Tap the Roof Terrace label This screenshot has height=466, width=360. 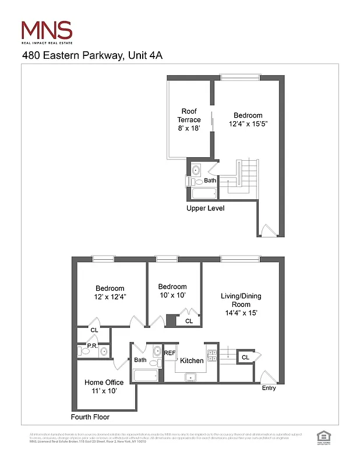[190, 119]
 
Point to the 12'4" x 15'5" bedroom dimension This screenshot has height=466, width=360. [248, 124]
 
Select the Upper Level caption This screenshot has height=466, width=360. [205, 208]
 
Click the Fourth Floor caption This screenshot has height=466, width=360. [90, 417]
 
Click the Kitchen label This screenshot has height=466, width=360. [192, 361]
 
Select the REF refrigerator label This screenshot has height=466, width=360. [170, 353]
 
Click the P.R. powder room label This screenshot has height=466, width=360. [91, 346]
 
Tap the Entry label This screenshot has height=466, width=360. [269, 388]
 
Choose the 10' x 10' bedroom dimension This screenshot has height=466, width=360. [172, 296]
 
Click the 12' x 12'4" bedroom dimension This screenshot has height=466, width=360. [110, 297]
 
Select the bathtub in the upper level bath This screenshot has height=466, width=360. [203, 193]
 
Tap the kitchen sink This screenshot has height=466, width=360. [190, 377]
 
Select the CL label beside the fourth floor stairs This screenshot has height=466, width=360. [245, 357]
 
